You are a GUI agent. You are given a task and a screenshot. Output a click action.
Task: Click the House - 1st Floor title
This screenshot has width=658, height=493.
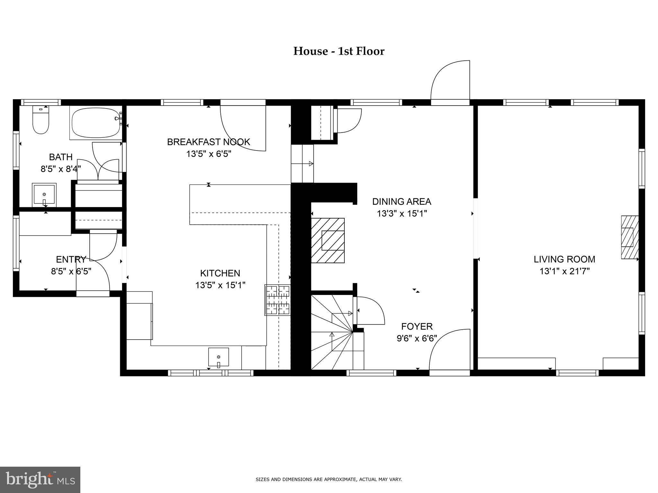tap(339, 51)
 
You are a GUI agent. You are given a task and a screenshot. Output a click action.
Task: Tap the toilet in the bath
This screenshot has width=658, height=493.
tap(40, 121)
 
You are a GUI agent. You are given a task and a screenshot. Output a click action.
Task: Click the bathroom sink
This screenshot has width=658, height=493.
tap(44, 195)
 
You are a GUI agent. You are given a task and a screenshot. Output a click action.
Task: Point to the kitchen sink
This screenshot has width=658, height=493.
tap(219, 357)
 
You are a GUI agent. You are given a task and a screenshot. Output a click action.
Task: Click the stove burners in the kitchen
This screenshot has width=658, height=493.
tap(277, 300)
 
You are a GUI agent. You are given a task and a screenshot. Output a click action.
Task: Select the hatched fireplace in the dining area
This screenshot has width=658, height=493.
tap(328, 240)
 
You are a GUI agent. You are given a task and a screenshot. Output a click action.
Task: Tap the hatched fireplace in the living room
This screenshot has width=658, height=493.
tap(629, 237)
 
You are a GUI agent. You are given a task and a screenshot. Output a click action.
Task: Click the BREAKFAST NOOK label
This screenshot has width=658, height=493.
tap(209, 142)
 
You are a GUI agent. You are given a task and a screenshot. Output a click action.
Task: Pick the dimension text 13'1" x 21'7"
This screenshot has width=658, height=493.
tap(565, 272)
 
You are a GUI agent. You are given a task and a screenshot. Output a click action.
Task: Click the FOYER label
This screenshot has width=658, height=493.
tap(417, 326)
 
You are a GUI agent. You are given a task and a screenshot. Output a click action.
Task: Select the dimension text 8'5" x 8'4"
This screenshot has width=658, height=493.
tap(61, 169)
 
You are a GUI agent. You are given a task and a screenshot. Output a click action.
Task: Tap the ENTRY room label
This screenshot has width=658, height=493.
tap(71, 259)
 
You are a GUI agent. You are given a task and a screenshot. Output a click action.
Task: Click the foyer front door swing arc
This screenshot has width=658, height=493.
tap(447, 348)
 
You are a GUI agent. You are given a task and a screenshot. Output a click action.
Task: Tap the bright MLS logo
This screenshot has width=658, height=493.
tap(40, 480)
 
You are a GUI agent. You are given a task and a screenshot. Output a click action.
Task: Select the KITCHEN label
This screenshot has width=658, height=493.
tap(220, 273)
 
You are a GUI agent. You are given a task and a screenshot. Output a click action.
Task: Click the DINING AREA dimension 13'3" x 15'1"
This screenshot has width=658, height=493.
tap(402, 213)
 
